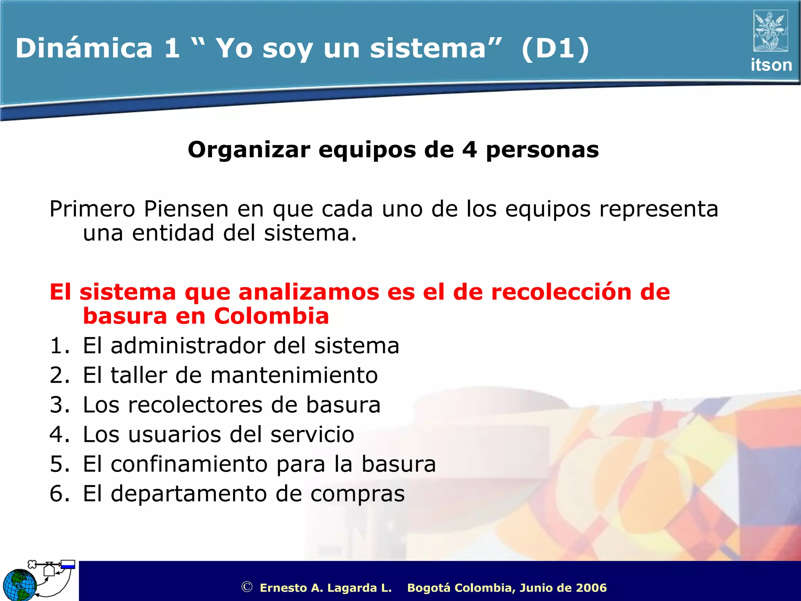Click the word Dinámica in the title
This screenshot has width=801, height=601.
coord(84,48)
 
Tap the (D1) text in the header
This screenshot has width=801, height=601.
coord(555,48)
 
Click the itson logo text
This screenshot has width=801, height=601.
coord(771,65)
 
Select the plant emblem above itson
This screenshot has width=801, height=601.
coord(770,31)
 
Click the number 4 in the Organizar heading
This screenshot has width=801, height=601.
coord(469,149)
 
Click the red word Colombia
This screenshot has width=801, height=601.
coord(271,316)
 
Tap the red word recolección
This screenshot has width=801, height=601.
coord(561,292)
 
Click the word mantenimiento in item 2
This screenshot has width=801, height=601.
coord(294,375)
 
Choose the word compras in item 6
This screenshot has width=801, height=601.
coord(357,494)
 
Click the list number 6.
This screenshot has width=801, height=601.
coord(57,494)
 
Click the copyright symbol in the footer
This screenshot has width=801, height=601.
coord(247,587)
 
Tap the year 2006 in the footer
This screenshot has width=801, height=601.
coord(591,588)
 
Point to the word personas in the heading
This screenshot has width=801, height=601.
coord(542,150)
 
